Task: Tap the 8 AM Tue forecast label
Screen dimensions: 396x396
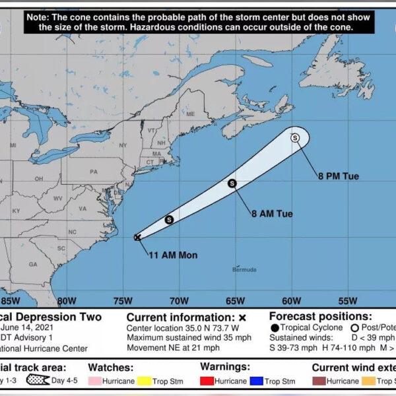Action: pos(271,214)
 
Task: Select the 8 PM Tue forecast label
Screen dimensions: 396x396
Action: pos(338,176)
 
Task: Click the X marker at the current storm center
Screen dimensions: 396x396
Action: pos(137,238)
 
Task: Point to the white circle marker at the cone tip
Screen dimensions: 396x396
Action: pos(295,138)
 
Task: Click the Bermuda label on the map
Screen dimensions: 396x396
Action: pos(244,269)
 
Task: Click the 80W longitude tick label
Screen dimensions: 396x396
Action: pos(66,301)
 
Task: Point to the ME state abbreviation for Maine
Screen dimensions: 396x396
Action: pos(191,114)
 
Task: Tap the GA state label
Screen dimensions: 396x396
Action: pos(33,264)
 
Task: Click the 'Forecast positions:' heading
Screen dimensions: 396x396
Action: pos(321,316)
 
